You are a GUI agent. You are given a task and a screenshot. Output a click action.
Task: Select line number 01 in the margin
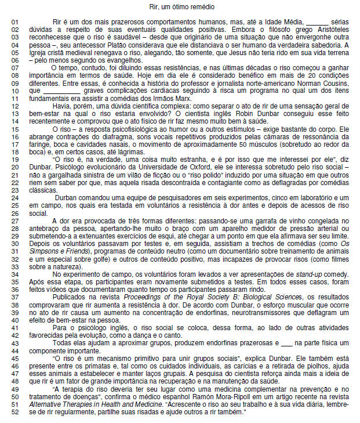[x=16, y=21]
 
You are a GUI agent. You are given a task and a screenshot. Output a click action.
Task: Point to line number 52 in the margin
[x=16, y=411]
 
